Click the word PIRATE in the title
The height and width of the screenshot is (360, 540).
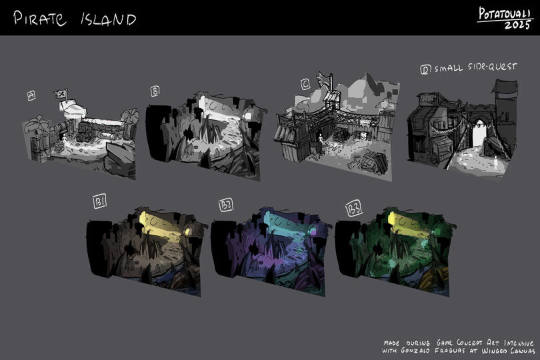click(39, 18)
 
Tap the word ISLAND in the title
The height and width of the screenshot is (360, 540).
click(109, 19)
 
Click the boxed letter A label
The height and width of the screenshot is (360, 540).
click(31, 95)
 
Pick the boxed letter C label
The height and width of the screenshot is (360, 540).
click(305, 84)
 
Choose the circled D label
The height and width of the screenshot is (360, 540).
click(425, 69)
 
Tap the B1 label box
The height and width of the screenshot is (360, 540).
click(99, 201)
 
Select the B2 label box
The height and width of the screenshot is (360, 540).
click(226, 205)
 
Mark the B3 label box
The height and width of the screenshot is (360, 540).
click(354, 209)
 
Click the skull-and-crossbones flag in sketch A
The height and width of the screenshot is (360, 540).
click(61, 94)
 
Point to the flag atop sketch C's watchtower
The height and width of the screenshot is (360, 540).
click(325, 80)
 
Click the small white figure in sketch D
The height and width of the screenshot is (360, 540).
click(495, 161)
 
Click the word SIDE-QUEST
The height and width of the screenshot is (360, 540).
click(493, 67)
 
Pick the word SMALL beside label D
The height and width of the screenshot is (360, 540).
click(449, 68)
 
